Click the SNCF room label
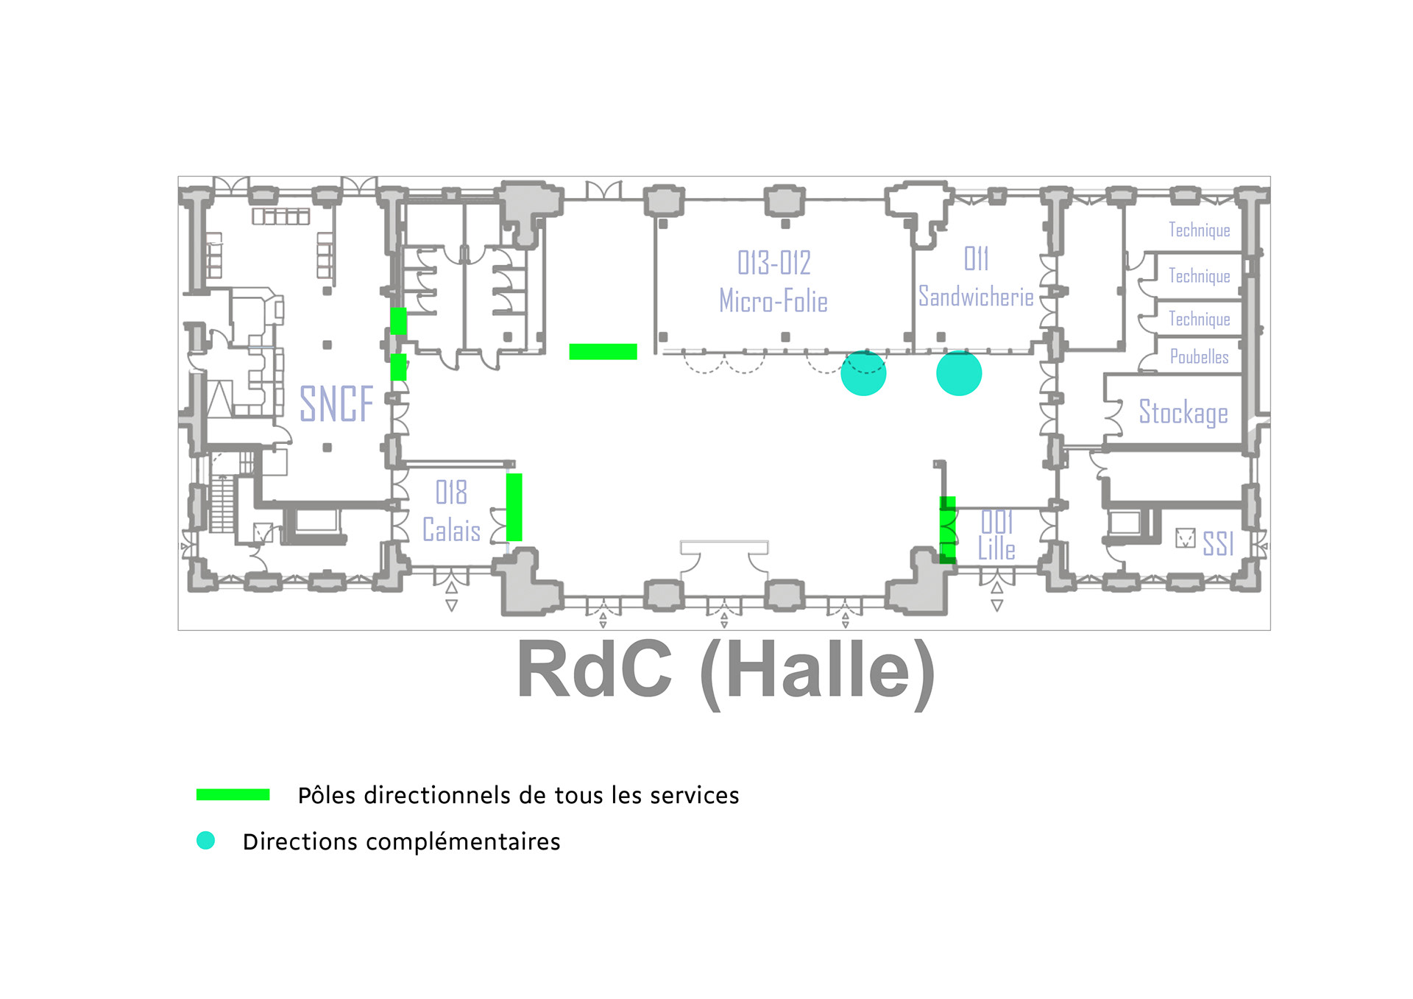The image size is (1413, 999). pos(336,404)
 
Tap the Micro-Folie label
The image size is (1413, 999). pos(773,301)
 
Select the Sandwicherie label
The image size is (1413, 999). pos(976,297)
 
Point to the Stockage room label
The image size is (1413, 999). pos(1183,412)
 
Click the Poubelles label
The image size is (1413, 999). pos(1199,357)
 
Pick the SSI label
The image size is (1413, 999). pos(1218,543)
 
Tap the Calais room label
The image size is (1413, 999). pos(451,530)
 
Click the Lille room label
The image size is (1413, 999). pos(996,548)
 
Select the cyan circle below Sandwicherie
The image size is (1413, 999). pos(959,373)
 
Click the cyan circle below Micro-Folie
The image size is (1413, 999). pos(863,373)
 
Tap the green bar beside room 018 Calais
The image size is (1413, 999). pos(514,507)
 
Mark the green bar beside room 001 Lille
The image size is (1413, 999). pos(948,530)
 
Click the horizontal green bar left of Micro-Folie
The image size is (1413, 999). pos(603,352)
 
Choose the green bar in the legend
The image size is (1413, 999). pos(233,794)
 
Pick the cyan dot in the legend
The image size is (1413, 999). pos(205,840)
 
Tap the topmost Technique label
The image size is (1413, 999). pos(1199,230)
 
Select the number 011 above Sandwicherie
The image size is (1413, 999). pos(976,259)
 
